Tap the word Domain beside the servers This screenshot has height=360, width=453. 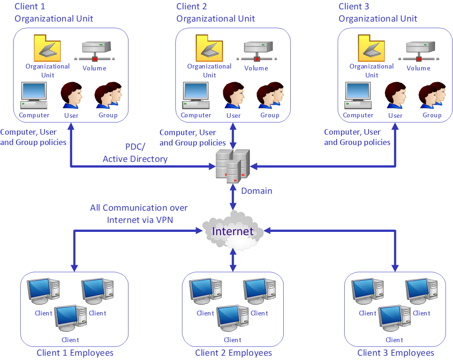pos(257,191)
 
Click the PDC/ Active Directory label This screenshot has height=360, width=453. pos(135,153)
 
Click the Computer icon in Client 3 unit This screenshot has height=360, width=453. pos(358,97)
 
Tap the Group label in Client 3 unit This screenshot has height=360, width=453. pos(432,115)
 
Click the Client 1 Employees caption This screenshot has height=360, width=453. pos(75,353)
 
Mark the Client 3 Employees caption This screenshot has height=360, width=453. pos(396,353)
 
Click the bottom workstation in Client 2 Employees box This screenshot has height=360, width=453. pos(232,319)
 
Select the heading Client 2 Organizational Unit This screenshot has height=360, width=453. pos(215,13)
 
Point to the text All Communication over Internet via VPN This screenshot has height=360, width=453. pos(139,214)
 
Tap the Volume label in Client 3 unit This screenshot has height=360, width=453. pos(418,68)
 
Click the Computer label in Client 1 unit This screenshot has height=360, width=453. pos(34,115)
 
